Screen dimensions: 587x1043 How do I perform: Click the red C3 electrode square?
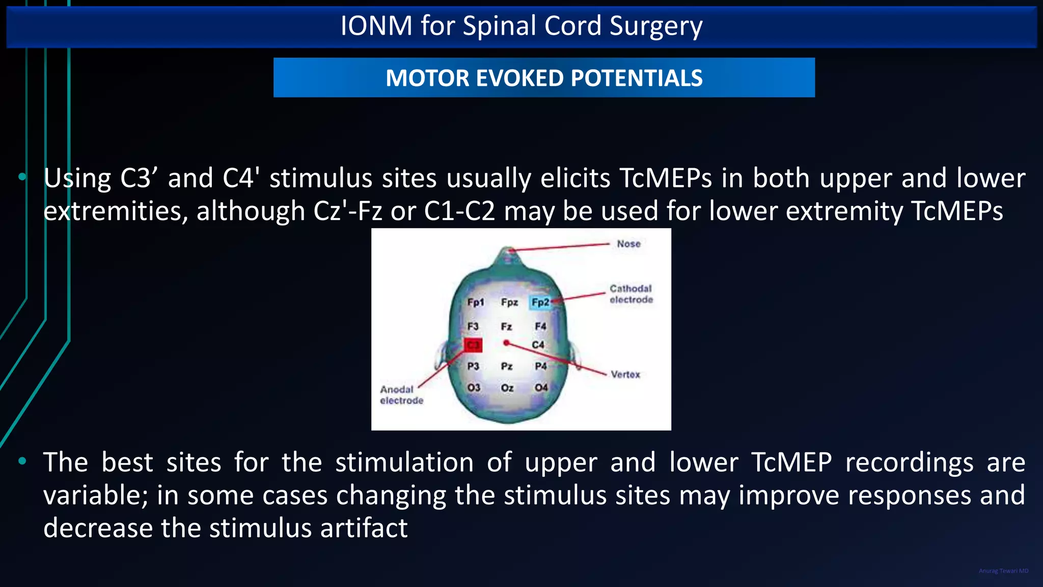click(473, 345)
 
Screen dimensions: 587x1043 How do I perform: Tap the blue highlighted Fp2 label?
click(540, 302)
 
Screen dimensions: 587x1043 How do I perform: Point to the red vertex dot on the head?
click(506, 343)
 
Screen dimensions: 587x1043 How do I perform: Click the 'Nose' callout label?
click(628, 244)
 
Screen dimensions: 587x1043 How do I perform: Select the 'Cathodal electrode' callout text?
click(631, 294)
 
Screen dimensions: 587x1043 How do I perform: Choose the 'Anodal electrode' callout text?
click(401, 395)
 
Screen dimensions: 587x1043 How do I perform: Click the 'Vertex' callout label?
click(625, 375)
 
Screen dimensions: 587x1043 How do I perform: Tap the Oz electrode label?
click(507, 388)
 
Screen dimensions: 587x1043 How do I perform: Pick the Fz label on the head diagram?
click(506, 327)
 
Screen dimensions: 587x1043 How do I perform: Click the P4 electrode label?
click(541, 366)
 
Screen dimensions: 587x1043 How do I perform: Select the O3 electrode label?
click(474, 388)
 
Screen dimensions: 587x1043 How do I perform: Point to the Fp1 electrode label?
click(475, 302)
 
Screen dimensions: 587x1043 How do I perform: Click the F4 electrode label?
click(540, 326)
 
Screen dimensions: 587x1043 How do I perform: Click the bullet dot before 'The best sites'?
click(22, 462)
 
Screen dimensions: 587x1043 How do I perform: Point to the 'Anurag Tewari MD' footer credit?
click(1003, 571)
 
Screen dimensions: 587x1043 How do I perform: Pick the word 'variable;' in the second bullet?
click(95, 495)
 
